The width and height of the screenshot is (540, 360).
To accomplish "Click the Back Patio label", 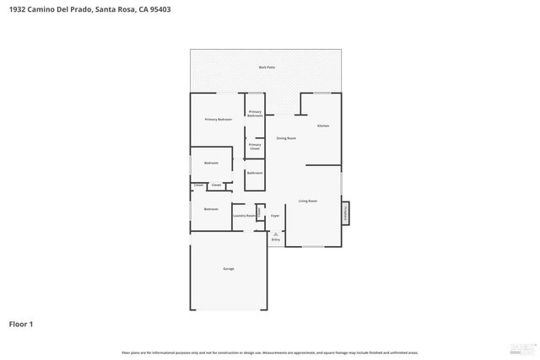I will click(x=267, y=67).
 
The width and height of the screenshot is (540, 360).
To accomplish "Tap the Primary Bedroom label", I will click(x=218, y=120).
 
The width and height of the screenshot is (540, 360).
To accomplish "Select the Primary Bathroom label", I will click(x=255, y=114).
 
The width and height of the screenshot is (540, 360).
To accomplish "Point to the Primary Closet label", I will click(x=255, y=147).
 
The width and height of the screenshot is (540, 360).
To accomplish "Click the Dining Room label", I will click(x=286, y=138).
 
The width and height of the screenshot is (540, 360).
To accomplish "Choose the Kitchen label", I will click(x=322, y=126).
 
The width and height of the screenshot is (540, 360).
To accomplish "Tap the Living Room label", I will click(x=307, y=201).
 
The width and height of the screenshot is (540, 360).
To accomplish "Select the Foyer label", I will click(x=274, y=216).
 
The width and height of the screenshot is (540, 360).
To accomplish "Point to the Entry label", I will click(x=275, y=239).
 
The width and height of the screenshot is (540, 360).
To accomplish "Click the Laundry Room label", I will click(x=245, y=216).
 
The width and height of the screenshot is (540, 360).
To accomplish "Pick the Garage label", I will click(x=228, y=268).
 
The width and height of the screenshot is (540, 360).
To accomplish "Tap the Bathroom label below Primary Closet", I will click(x=255, y=173).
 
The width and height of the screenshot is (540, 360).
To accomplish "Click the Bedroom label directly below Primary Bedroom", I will click(x=210, y=163).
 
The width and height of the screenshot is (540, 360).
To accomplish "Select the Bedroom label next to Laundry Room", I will click(x=210, y=208).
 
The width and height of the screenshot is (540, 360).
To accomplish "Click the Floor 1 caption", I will click(x=21, y=323).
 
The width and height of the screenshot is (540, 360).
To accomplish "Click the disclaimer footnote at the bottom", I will click(x=269, y=352).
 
